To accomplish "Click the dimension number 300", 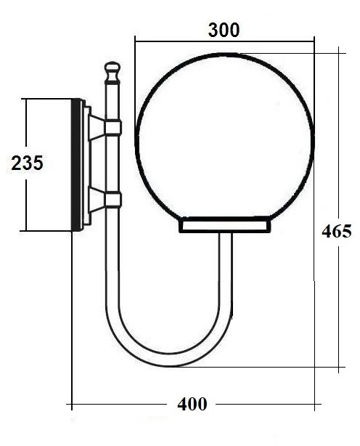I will click(x=224, y=30).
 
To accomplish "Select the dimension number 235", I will click(x=28, y=163).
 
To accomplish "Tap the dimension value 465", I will click(x=337, y=231).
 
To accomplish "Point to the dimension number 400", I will click(x=192, y=404).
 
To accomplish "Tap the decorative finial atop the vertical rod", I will click(x=111, y=72).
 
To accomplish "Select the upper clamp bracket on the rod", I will click(x=112, y=128).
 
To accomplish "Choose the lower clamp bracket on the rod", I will click(x=112, y=199).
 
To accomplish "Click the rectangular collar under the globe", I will click(x=225, y=226).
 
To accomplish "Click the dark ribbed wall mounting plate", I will click(x=75, y=165).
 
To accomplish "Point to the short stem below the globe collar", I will click(x=225, y=251).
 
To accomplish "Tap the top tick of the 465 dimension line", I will click(x=340, y=50).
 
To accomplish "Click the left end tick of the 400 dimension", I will click(x=71, y=403).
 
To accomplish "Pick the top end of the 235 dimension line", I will click(x=26, y=99).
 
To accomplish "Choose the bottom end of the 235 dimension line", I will click(x=26, y=231).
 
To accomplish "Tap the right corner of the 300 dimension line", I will click(x=314, y=40).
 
